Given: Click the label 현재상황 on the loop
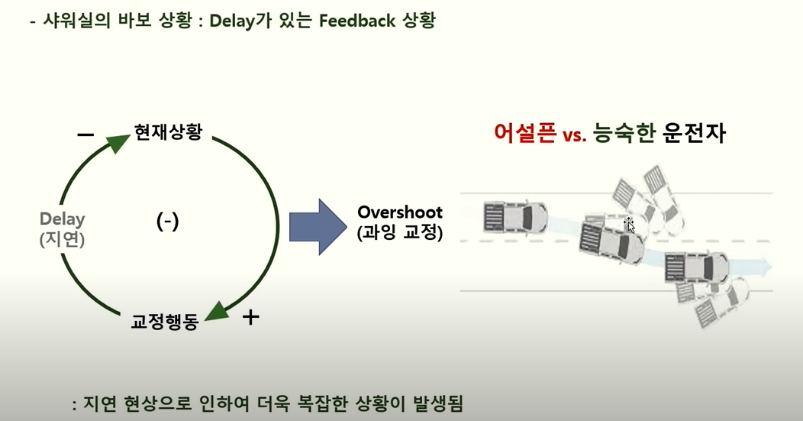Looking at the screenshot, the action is [x=168, y=132].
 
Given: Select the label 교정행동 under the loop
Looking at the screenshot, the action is [x=165, y=322].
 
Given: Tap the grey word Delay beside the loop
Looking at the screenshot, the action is [x=63, y=219].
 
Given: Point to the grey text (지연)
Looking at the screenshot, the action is [x=63, y=239].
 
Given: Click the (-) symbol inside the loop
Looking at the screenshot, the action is [x=167, y=222].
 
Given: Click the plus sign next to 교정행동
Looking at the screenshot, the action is [x=250, y=316].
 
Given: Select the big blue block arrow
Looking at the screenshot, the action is [x=317, y=226].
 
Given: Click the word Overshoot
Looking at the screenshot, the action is [x=399, y=212].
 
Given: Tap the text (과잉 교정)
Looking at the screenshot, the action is [x=399, y=233].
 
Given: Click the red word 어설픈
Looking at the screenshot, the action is [x=524, y=134].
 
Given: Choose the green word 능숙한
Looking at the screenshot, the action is [x=624, y=134].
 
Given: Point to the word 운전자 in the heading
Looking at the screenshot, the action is [x=694, y=134].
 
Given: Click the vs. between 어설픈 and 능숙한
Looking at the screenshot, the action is [x=573, y=136].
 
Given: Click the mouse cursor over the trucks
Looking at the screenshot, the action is [x=630, y=225].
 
